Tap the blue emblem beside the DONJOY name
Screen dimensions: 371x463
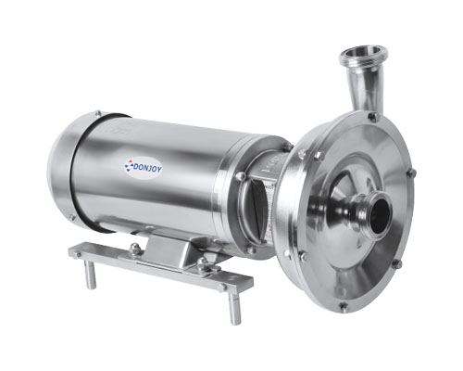[130, 165]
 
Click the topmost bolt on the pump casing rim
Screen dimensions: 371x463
[372, 117]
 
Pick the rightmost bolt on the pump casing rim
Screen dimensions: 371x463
[412, 173]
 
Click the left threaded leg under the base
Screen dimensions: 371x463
[91, 275]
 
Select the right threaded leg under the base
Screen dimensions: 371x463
[234, 306]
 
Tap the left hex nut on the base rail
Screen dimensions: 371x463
[135, 248]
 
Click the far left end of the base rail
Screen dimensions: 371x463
[76, 249]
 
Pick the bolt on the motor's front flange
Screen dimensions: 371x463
[241, 176]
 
